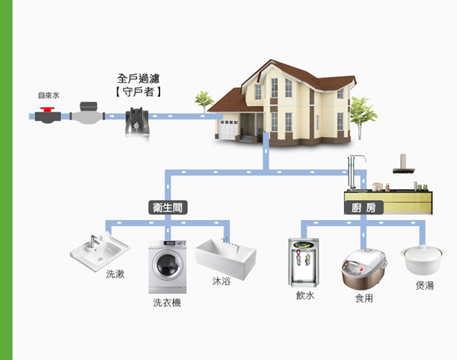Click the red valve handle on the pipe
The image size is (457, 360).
point(47,109)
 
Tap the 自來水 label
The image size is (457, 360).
point(48,96)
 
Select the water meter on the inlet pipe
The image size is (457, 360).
point(86,114)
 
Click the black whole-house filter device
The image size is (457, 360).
point(138,120)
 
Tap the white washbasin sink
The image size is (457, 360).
point(100,249)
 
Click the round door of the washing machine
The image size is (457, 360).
point(167,266)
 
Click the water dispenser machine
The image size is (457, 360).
point(304,262)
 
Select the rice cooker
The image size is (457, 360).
point(364,269)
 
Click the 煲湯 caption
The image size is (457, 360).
point(424,285)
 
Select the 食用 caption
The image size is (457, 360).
point(364,298)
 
